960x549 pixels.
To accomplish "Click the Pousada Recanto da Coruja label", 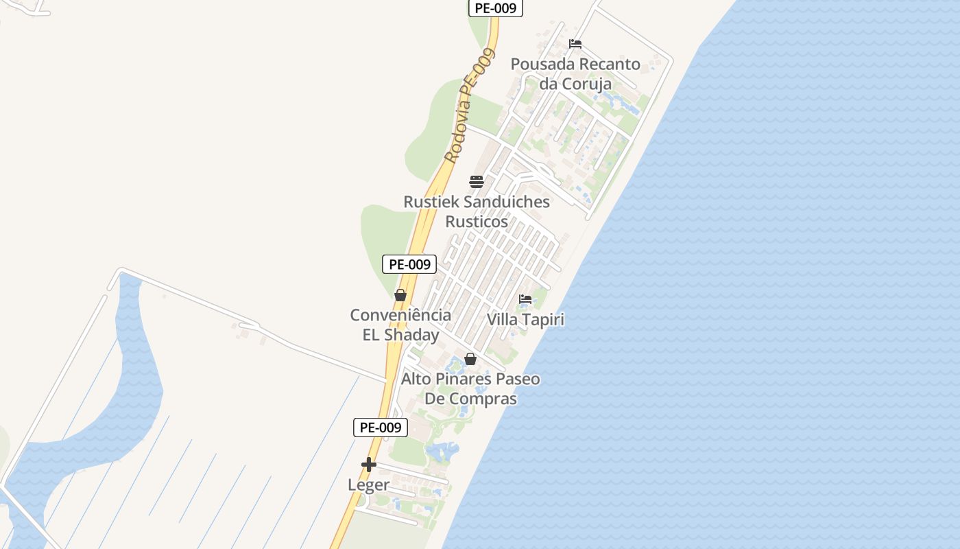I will tap(575, 73).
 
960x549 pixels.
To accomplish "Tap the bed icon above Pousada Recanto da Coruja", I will tap(575, 44).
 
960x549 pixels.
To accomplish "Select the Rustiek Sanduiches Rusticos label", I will tap(477, 211).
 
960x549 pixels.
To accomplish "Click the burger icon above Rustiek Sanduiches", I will tap(477, 182).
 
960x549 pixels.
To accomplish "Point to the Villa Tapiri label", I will tap(525, 320).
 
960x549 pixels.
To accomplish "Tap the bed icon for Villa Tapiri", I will tap(525, 299).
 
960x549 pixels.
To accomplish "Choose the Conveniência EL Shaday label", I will tap(400, 325).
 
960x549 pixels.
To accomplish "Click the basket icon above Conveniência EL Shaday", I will tap(400, 295).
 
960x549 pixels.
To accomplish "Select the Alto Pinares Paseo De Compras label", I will tap(470, 388).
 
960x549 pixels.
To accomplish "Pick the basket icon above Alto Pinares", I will tap(470, 359).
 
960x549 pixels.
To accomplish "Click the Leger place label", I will tap(368, 484).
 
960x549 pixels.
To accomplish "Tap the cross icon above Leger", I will tap(369, 465).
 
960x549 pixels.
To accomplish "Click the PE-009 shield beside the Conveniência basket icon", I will tap(409, 264).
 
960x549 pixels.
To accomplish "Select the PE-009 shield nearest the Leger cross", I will tap(381, 428).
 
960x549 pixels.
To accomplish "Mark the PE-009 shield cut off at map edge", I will tap(496, 8).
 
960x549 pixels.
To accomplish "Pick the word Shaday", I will tap(411, 335).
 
